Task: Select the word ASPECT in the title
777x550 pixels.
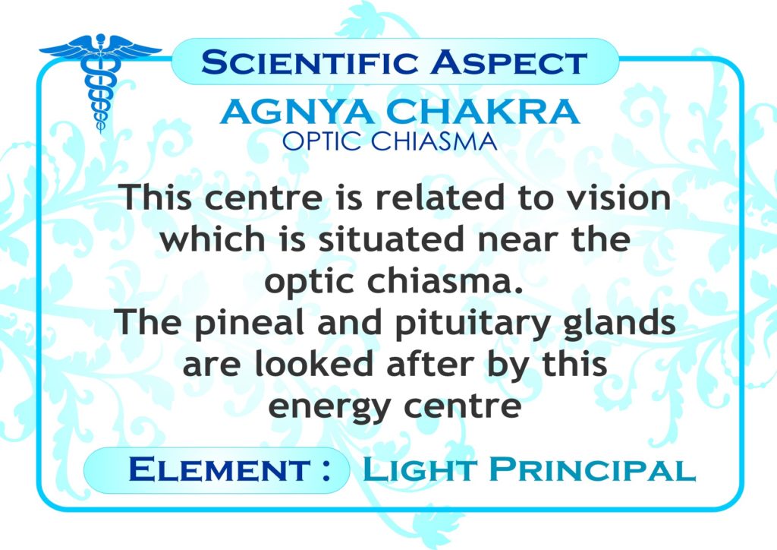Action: coord(509,62)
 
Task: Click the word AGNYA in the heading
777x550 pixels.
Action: coord(297,112)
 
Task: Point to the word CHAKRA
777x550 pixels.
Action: coord(483,112)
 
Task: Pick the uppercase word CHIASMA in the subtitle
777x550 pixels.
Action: coord(433,142)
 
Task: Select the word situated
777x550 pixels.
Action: coord(392,239)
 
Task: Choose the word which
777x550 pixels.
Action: coord(213,239)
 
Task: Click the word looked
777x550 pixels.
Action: coord(313,364)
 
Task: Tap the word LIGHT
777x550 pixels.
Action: coord(420,469)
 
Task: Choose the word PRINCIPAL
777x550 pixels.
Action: coord(593,469)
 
